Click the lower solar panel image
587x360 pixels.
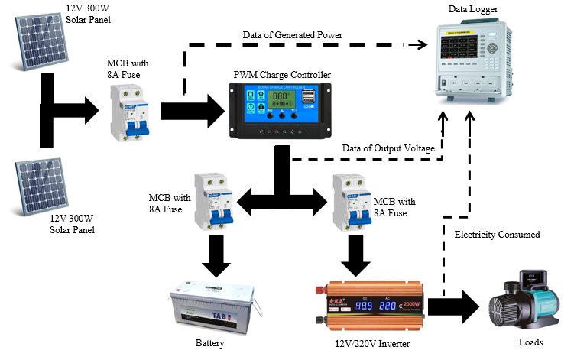point(38,183)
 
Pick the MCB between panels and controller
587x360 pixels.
point(127,106)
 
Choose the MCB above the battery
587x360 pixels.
point(211,202)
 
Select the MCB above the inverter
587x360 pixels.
point(352,203)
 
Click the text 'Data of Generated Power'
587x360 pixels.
point(293,35)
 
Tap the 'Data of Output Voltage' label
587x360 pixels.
point(388,148)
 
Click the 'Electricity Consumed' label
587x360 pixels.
point(497,235)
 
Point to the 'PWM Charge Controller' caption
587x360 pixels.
point(282,75)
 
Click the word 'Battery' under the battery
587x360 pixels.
point(210,342)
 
